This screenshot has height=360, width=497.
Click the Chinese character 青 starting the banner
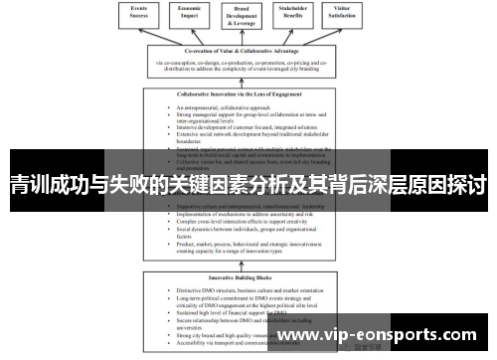click(x=20, y=187)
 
